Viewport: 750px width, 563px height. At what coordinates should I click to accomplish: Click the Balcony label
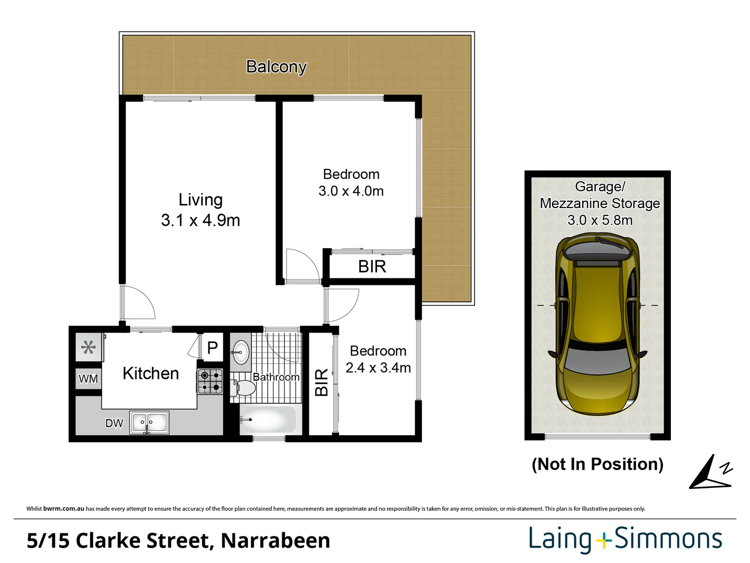[x=276, y=67]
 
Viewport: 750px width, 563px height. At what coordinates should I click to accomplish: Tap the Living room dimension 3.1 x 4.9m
[x=201, y=221]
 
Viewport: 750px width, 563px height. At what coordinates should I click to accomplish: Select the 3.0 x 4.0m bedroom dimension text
[x=351, y=191]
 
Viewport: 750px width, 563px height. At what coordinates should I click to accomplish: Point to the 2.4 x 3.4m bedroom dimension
[x=378, y=368]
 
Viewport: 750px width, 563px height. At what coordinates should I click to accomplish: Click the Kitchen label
[x=151, y=373]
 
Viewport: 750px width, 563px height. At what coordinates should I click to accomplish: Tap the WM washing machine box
[x=88, y=378]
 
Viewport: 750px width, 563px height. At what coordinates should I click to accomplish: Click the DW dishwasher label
[x=114, y=423]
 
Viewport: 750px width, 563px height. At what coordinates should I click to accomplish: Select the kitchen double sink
[x=149, y=423]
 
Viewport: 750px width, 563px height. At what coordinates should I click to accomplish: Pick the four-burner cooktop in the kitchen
[x=210, y=381]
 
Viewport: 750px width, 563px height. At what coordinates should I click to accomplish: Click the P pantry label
[x=213, y=347]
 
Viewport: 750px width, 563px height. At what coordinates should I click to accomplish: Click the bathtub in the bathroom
[x=268, y=419]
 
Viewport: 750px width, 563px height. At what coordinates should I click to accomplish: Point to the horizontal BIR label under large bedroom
[x=372, y=267]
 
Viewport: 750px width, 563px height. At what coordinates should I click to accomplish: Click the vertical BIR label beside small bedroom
[x=321, y=382]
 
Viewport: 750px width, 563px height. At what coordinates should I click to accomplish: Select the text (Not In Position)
[x=597, y=464]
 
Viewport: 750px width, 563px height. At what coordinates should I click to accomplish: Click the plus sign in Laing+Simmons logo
[x=604, y=541]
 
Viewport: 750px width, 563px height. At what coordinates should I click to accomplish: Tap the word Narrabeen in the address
[x=275, y=541]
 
